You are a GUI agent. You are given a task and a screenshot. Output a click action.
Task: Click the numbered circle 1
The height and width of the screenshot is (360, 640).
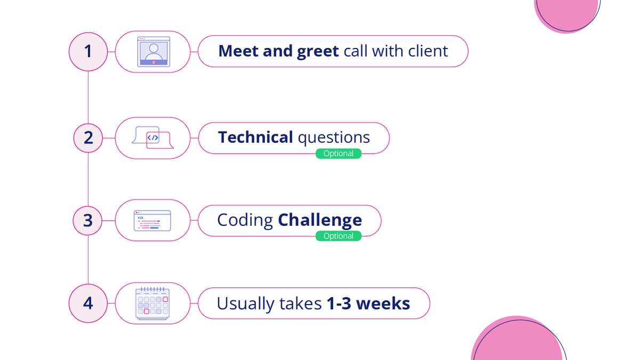tap(88, 51)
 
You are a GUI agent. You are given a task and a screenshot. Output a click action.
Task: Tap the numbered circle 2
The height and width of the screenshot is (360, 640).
tap(88, 138)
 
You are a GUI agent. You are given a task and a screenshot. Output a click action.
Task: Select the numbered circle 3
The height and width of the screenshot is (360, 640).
tap(88, 220)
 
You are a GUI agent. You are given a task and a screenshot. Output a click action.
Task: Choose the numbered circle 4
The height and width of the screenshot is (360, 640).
tap(88, 303)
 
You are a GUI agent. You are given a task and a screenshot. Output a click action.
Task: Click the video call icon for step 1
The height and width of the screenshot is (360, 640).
tap(154, 51)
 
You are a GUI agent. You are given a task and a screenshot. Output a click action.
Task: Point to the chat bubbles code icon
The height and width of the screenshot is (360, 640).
tap(153, 138)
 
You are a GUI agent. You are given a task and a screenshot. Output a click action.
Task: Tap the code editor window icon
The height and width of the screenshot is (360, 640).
tap(153, 220)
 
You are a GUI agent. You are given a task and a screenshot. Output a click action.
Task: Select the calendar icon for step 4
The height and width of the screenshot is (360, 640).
tap(153, 303)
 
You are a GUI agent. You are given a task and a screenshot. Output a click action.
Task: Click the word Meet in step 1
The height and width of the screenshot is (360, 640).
tap(238, 51)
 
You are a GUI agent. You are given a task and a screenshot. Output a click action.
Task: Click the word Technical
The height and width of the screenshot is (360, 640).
tap(255, 138)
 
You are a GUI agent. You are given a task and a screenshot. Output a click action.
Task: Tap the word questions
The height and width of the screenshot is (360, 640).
tap(334, 138)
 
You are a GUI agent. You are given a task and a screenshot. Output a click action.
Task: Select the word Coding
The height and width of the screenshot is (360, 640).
tap(245, 220)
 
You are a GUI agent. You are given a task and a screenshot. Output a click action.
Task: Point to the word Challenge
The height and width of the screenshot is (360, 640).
tap(320, 220)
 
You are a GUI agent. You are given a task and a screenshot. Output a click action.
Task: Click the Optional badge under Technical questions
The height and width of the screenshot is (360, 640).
tap(338, 154)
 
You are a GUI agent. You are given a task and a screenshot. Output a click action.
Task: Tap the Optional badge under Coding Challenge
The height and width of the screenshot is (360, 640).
tap(338, 236)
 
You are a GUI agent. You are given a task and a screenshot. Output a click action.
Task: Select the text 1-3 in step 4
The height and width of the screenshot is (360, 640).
tap(339, 303)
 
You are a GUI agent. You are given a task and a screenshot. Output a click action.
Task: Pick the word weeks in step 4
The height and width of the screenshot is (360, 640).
tap(383, 303)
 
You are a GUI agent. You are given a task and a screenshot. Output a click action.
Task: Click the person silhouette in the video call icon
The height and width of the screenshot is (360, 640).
tap(154, 50)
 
